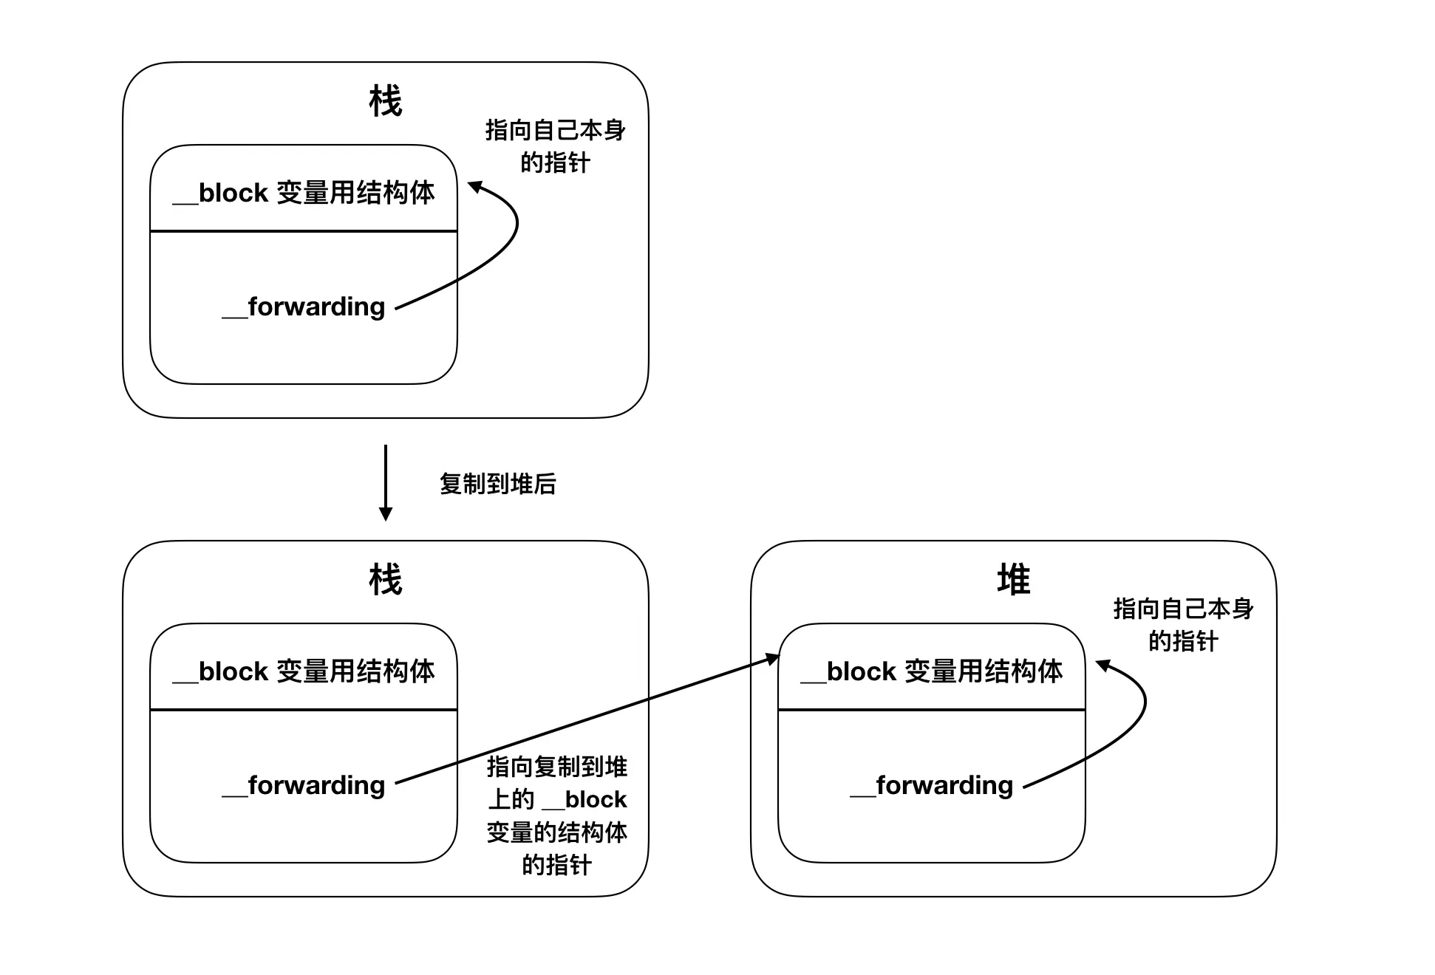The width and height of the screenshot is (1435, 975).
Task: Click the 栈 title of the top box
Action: [x=385, y=101]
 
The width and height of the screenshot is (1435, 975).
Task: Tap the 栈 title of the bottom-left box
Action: [x=385, y=580]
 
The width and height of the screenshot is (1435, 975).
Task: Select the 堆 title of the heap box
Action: [x=1013, y=580]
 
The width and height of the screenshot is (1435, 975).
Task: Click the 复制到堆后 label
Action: [x=497, y=484]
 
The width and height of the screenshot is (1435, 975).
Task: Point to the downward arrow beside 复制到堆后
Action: [x=385, y=482]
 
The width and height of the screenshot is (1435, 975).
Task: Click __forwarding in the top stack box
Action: [x=304, y=307]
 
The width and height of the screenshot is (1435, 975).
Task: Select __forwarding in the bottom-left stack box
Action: [x=304, y=785]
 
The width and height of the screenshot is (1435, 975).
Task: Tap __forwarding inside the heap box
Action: [x=932, y=785]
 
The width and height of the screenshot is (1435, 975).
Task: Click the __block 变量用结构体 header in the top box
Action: [x=304, y=193]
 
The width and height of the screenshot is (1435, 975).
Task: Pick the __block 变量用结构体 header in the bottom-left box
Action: [x=304, y=671]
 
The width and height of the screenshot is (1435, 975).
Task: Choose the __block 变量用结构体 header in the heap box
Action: [x=932, y=671]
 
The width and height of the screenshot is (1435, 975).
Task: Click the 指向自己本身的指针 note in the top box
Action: [x=556, y=146]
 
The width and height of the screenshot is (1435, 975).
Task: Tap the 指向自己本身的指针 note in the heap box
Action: [x=1184, y=625]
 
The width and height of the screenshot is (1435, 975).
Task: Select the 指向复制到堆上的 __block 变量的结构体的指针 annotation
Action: [x=557, y=815]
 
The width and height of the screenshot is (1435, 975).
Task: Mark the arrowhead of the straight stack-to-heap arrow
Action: [x=773, y=658]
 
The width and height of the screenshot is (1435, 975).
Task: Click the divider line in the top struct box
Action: [x=304, y=231]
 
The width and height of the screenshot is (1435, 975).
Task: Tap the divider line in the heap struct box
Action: [x=932, y=710]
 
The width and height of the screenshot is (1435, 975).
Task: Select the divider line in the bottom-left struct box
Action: [x=304, y=710]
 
